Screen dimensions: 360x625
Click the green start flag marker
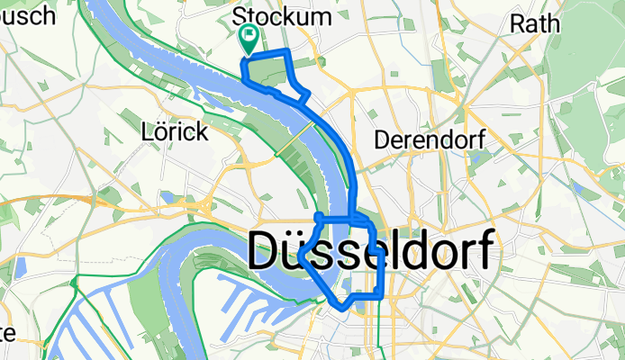pyautogui.click(x=248, y=37)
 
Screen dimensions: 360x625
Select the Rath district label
pyautogui.click(x=535, y=23)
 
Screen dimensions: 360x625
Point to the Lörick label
pyautogui.click(x=175, y=132)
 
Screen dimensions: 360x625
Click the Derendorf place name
pyautogui.click(x=430, y=139)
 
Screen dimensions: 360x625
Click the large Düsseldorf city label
pyautogui.click(x=371, y=251)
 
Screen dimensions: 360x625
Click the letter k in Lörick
pyautogui.click(x=201, y=132)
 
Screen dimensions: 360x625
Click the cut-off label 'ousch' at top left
pyautogui.click(x=22, y=16)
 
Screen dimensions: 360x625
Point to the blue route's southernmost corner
pyautogui.click(x=343, y=307)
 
